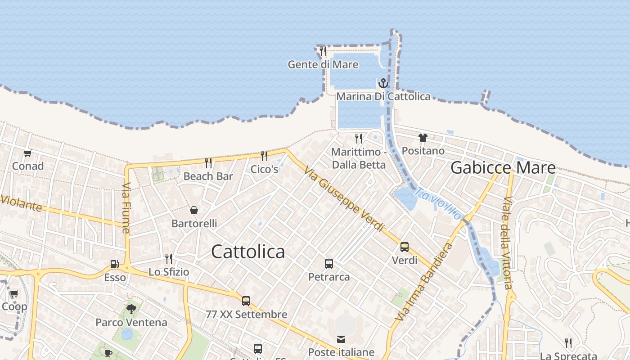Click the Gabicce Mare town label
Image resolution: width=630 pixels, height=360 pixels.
pyautogui.click(x=503, y=168)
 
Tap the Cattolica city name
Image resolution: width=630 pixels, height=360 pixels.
pyautogui.click(x=248, y=252)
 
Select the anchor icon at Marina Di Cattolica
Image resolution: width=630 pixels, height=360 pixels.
pyautogui.click(x=383, y=83)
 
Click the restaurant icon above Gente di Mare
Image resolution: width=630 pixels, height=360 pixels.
pyautogui.click(x=323, y=51)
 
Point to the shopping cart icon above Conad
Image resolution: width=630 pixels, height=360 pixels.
pyautogui.click(x=28, y=153)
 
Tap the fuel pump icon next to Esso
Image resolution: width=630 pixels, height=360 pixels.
pyautogui.click(x=115, y=264)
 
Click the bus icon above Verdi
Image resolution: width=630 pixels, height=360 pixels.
pyautogui.click(x=405, y=247)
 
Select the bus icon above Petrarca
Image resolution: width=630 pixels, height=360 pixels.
pyautogui.click(x=329, y=264)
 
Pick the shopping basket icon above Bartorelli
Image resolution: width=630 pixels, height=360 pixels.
pyautogui.click(x=194, y=210)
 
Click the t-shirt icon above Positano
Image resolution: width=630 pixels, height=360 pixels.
pyautogui.click(x=423, y=138)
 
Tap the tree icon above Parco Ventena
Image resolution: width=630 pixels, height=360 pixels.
pyautogui.click(x=131, y=309)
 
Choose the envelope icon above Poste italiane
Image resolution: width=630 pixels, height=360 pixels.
pyautogui.click(x=341, y=339)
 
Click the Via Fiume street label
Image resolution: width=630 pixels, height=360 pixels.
pyautogui.click(x=126, y=208)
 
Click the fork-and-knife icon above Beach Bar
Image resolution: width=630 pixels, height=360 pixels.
pyautogui.click(x=208, y=162)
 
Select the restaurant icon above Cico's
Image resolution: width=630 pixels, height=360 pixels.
pyautogui.click(x=264, y=156)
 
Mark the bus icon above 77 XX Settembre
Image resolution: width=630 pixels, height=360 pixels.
pyautogui.click(x=246, y=301)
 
